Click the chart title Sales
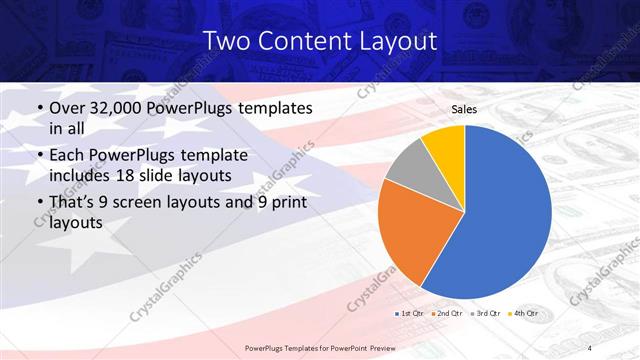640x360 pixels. click(464, 109)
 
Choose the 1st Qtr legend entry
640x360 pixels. click(411, 313)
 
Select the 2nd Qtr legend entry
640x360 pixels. click(448, 313)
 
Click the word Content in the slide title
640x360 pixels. click(302, 41)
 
